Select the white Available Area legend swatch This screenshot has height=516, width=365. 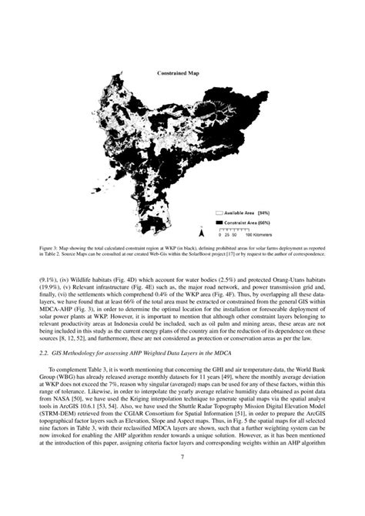pos(218,211)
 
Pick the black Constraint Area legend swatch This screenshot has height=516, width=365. pos(218,219)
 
